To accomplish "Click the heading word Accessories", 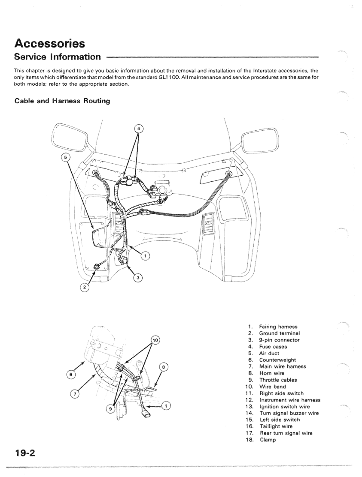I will (x=49, y=44).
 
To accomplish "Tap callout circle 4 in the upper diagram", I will (x=138, y=128).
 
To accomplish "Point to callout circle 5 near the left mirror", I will (x=65, y=157).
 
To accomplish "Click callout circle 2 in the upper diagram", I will (x=85, y=287).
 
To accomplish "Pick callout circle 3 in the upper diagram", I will (x=137, y=278).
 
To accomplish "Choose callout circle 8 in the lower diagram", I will (x=163, y=366).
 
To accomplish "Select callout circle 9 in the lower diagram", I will (x=110, y=409).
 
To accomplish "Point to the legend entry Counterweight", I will (x=277, y=360).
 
